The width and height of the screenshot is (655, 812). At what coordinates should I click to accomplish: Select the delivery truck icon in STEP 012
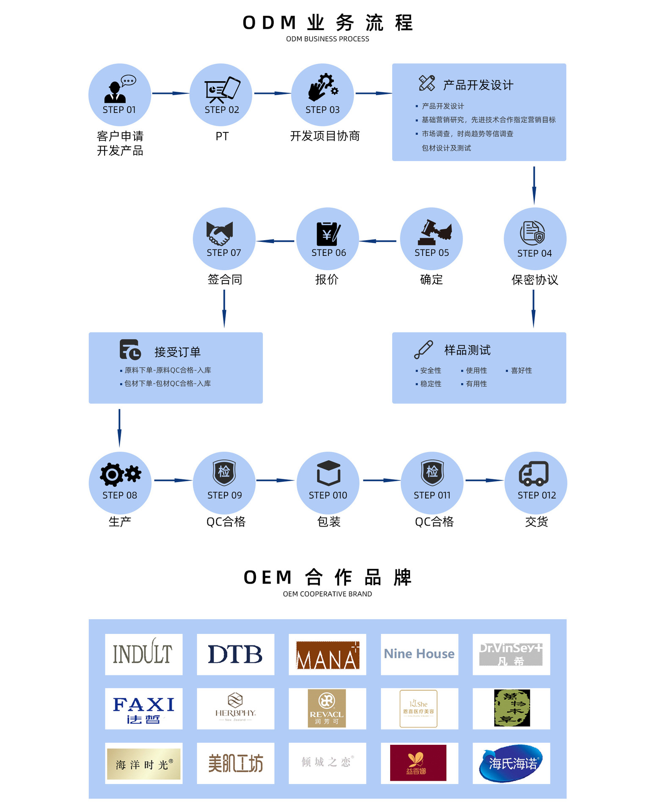(534, 474)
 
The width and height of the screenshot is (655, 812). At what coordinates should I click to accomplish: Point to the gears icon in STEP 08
(120, 475)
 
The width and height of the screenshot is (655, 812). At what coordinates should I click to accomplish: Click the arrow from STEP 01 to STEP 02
(170, 93)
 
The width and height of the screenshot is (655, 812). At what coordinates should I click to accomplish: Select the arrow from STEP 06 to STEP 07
(275, 241)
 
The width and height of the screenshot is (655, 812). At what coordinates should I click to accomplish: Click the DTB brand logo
(235, 654)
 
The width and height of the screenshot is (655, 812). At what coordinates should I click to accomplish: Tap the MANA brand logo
(327, 655)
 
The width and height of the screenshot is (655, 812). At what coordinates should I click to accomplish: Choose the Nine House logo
(419, 654)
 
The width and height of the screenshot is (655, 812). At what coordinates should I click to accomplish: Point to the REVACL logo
(327, 709)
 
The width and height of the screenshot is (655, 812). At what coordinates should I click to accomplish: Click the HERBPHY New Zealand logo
(235, 708)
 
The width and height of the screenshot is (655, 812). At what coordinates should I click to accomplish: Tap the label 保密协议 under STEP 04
(534, 280)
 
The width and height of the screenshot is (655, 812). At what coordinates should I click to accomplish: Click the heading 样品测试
(467, 350)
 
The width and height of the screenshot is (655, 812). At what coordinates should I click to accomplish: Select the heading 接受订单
(177, 352)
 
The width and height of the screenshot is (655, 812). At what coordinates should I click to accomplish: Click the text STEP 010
(328, 495)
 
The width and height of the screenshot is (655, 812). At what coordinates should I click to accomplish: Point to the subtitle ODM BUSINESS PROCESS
(327, 39)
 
